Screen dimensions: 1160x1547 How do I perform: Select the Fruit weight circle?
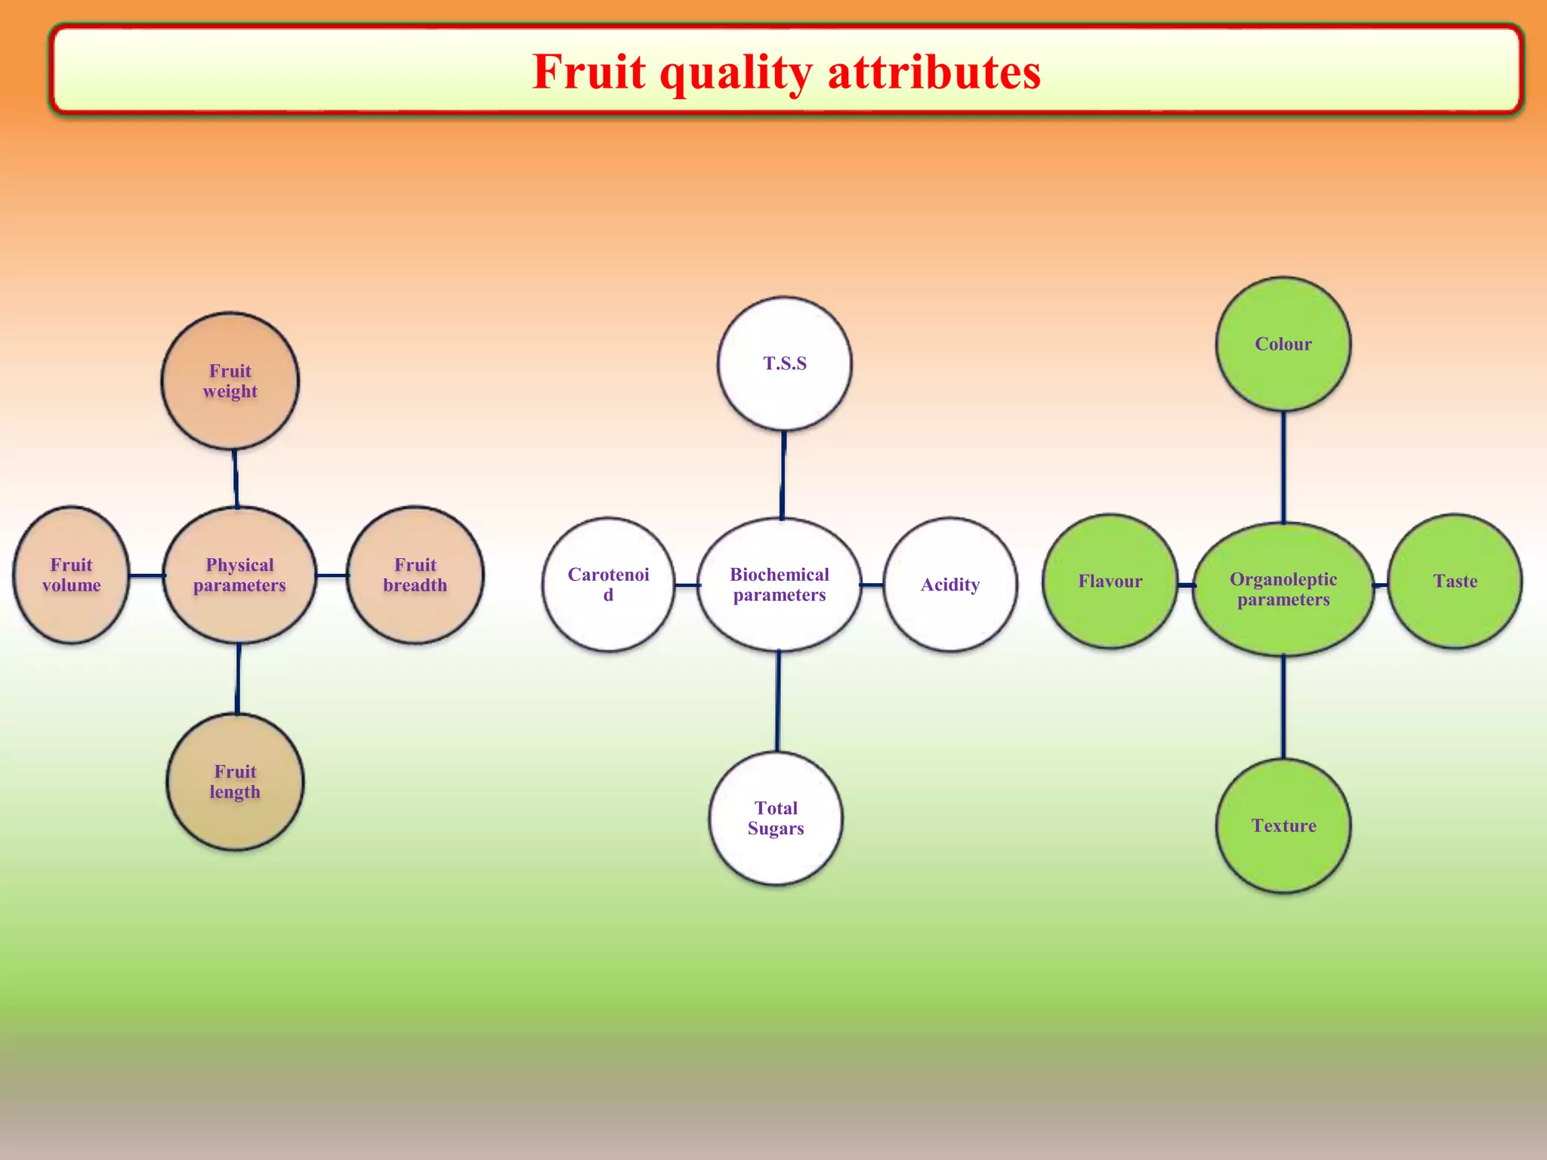coord(230,381)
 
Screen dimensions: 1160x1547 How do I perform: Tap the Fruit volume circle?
coord(72,575)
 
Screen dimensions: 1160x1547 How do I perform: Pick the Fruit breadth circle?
coord(415,575)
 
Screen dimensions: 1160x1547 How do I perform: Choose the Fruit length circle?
coord(235,782)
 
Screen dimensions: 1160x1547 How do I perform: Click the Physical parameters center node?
coord(239,575)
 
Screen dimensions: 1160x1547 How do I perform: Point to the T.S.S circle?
coord(785,363)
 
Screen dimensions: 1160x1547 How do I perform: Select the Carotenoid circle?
coord(608,585)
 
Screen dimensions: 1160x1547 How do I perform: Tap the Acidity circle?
coord(950,585)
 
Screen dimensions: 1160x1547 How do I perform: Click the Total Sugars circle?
coord(776,818)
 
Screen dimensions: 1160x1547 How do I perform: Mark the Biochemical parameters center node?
coord(780,585)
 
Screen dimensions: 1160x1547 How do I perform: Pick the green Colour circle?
coord(1283,344)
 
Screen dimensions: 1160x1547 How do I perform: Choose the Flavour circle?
coord(1110,582)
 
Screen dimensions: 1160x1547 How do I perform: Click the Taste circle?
coord(1455,582)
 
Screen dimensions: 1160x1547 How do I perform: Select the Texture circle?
coord(1283,825)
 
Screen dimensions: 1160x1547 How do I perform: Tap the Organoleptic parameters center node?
coord(1283,589)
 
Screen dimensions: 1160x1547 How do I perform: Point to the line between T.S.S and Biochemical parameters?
coord(783,474)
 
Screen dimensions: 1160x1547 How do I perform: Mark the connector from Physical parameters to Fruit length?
coord(238,678)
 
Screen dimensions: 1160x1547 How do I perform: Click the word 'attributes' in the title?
coord(934,72)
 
